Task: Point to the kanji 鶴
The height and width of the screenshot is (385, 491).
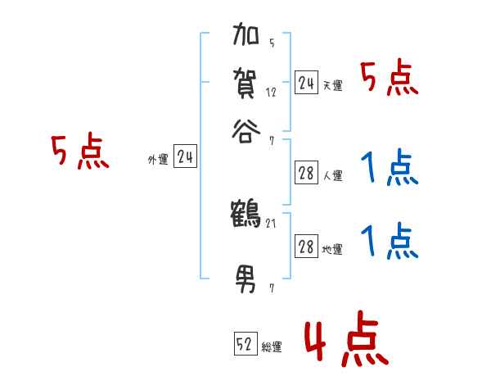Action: point(246,214)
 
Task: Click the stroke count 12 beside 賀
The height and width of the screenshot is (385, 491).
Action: point(271,92)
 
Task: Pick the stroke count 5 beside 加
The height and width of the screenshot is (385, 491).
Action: point(271,43)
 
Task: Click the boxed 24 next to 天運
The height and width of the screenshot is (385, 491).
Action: point(306,83)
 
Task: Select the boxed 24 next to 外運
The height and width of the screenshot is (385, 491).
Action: point(185,157)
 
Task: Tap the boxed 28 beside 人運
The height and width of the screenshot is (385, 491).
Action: point(306,173)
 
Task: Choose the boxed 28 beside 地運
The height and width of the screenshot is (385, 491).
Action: point(306,247)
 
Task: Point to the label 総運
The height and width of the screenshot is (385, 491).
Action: point(272,347)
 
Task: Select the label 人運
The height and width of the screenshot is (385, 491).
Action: point(332,175)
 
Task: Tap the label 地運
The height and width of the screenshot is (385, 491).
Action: point(332,250)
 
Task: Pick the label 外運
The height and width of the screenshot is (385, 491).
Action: point(158,161)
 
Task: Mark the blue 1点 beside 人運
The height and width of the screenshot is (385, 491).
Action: point(389,169)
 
